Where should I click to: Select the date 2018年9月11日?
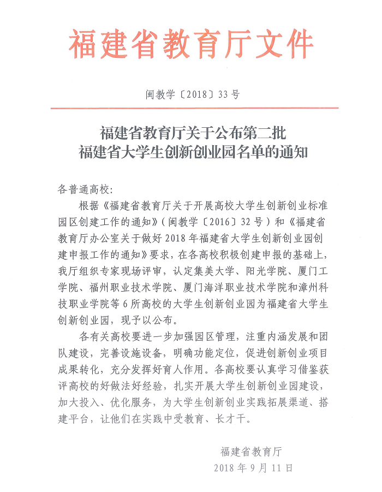pyautogui.click(x=254, y=467)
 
